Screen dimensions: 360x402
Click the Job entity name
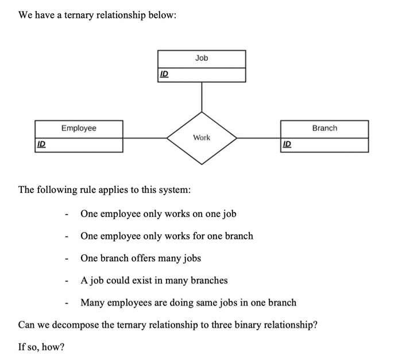[202, 58]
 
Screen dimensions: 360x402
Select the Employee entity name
[79, 128]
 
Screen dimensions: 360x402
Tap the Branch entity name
[324, 128]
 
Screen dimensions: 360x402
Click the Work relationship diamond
[202, 138]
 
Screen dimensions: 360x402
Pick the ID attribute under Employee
[41, 145]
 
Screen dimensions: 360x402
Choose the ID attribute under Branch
[287, 145]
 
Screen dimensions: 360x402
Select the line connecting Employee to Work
[145, 138]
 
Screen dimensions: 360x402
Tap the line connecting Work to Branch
[258, 138]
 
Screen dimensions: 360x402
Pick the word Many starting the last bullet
[92, 303]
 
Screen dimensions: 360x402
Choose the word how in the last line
[52, 347]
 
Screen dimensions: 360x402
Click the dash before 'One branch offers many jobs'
[67, 259]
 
